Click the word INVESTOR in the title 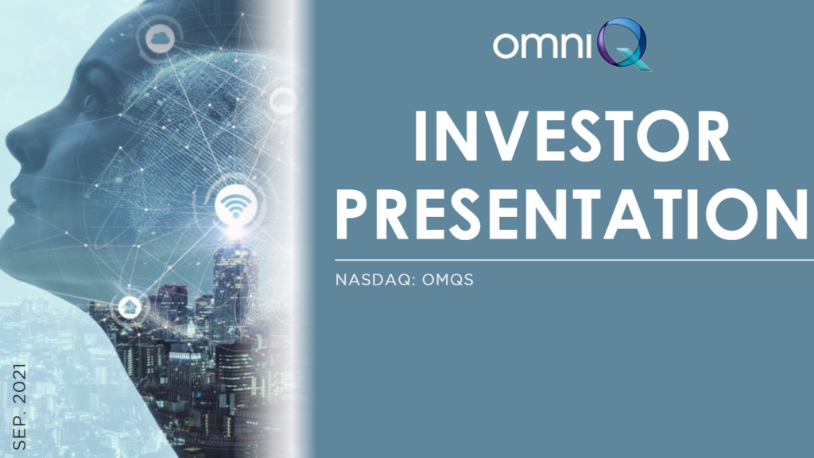572,136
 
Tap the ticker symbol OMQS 448,280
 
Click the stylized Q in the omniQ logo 623,44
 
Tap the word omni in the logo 542,45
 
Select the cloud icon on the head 160,38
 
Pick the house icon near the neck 130,306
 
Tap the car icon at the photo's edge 283,101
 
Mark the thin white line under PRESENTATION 574,260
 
